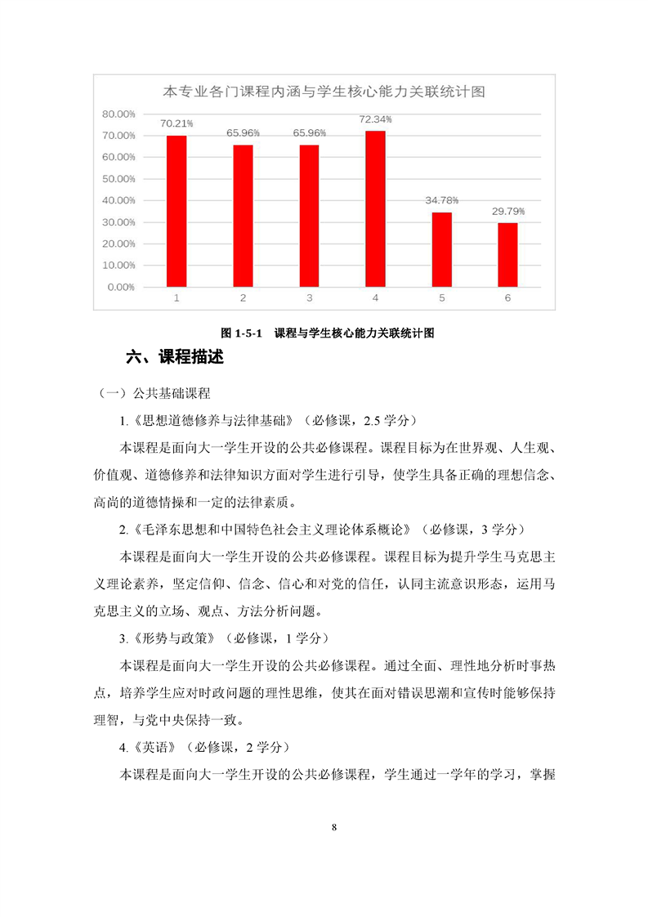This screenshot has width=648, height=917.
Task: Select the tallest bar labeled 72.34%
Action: [375, 208]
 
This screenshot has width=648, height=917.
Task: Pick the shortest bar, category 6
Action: [507, 254]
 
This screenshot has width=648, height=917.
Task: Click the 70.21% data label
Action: [177, 123]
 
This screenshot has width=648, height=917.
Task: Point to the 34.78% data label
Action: [441, 200]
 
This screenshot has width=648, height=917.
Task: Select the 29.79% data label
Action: [507, 211]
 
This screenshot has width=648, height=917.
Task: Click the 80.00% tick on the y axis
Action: [118, 114]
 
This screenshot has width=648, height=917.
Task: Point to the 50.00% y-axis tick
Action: [118, 178]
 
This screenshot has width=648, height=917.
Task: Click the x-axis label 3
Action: [309, 298]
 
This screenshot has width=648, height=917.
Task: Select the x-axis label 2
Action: [243, 298]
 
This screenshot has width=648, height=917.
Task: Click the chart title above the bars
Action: [324, 91]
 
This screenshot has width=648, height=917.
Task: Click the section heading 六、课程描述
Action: [175, 357]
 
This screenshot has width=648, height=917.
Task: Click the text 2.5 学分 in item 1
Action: [388, 421]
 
